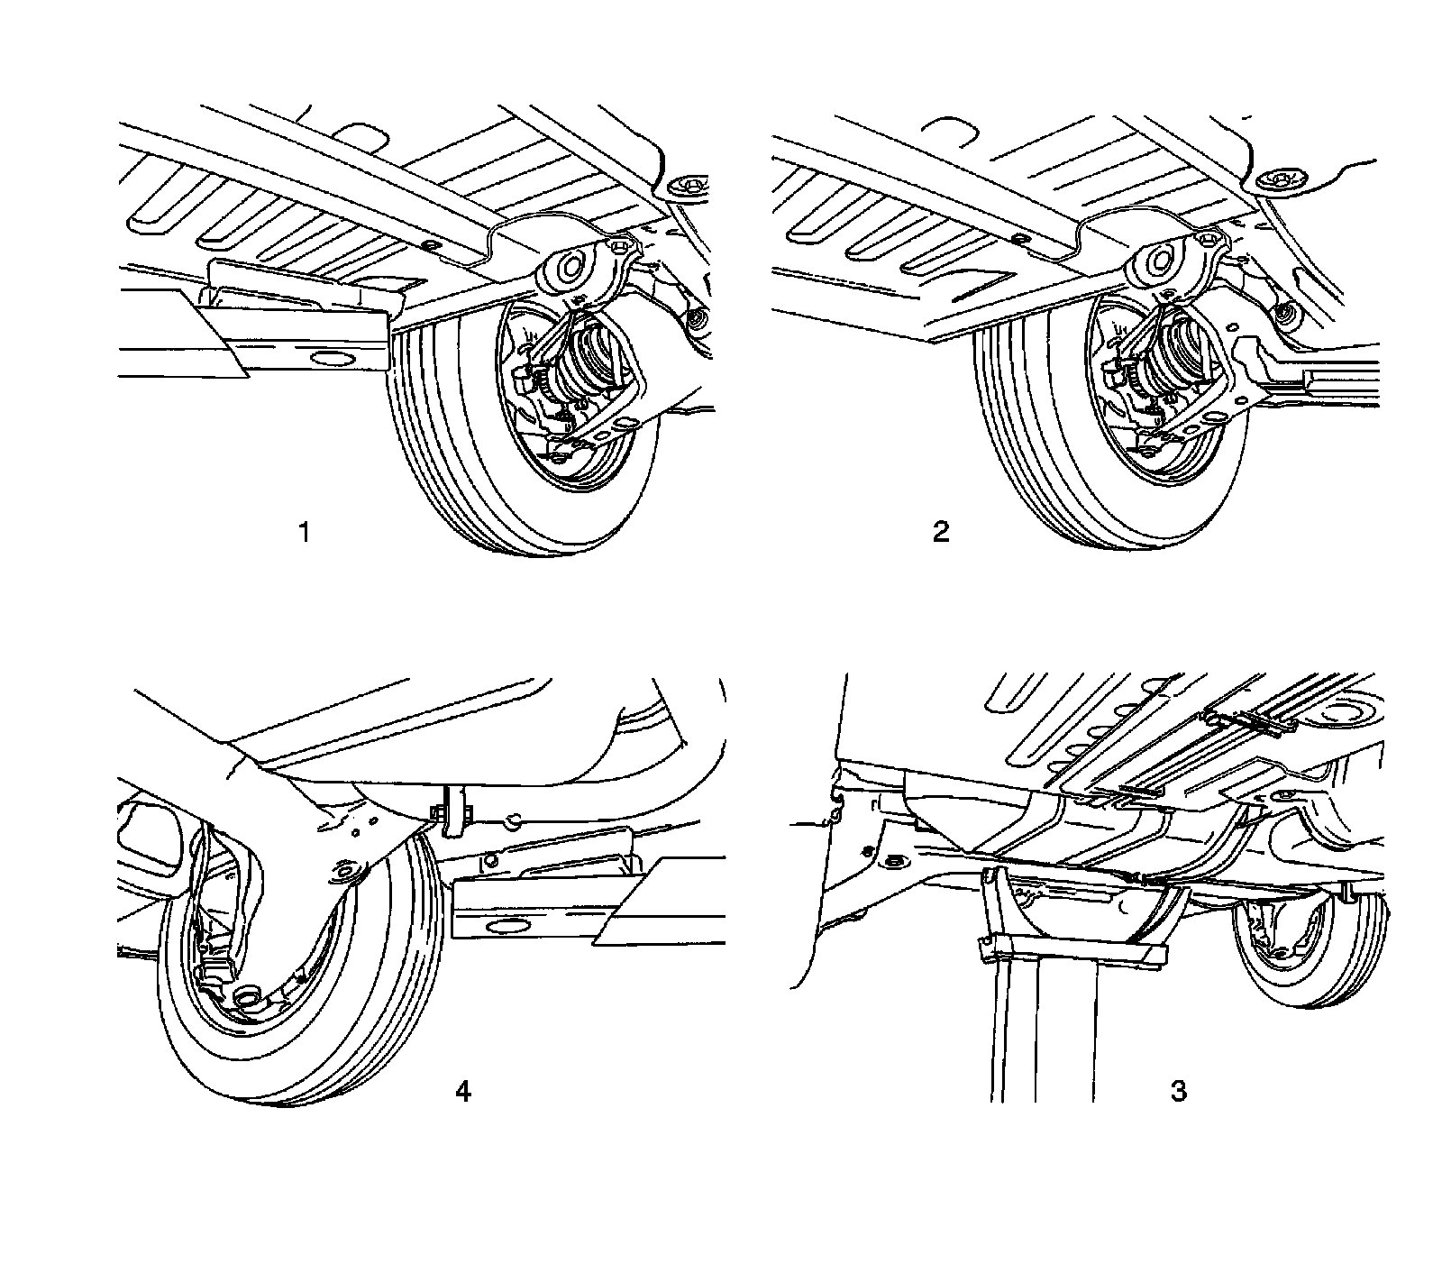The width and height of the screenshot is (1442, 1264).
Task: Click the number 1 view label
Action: point(305,533)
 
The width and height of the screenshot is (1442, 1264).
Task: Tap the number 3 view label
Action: point(1178,1092)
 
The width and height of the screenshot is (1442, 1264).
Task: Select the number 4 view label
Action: point(462,1091)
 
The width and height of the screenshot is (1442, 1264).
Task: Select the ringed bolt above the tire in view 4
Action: point(343,872)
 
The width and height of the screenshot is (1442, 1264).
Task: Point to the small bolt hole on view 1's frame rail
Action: point(429,245)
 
